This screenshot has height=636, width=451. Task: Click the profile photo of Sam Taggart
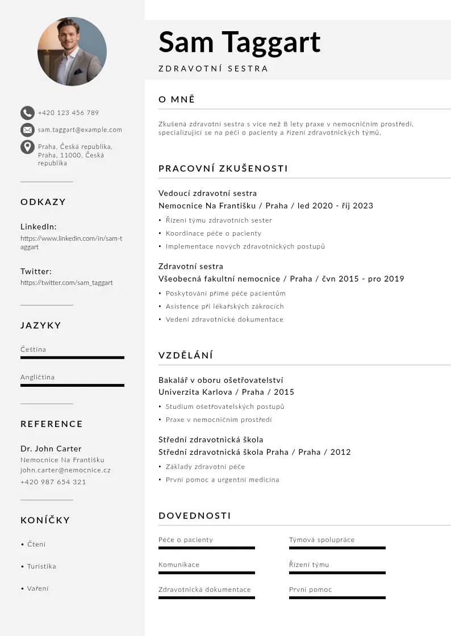coord(72,51)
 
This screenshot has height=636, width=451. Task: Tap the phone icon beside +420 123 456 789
coord(27,112)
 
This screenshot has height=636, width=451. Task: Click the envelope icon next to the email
coord(27,130)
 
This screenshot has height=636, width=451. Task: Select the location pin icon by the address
coord(27,147)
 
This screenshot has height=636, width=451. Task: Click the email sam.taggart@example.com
coord(80,130)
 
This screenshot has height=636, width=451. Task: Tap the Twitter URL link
coord(66,283)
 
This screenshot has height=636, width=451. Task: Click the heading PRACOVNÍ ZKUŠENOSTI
coord(223,169)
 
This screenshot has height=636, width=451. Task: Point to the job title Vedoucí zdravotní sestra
coord(207,193)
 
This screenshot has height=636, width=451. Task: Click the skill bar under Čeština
coord(72,358)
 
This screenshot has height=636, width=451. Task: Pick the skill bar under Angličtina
coord(72,386)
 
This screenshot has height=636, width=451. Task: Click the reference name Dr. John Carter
coord(51,449)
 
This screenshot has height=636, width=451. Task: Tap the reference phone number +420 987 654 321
coord(53,482)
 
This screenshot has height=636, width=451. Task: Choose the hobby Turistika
coord(41,567)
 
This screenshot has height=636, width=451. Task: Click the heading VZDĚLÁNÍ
coord(186,355)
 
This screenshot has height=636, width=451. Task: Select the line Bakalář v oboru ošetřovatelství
coord(220,380)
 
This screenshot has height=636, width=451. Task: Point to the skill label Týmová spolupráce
coord(321,540)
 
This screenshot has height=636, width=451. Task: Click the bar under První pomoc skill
coord(337,598)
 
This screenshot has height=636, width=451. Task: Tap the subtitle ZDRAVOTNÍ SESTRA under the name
coord(213,69)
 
